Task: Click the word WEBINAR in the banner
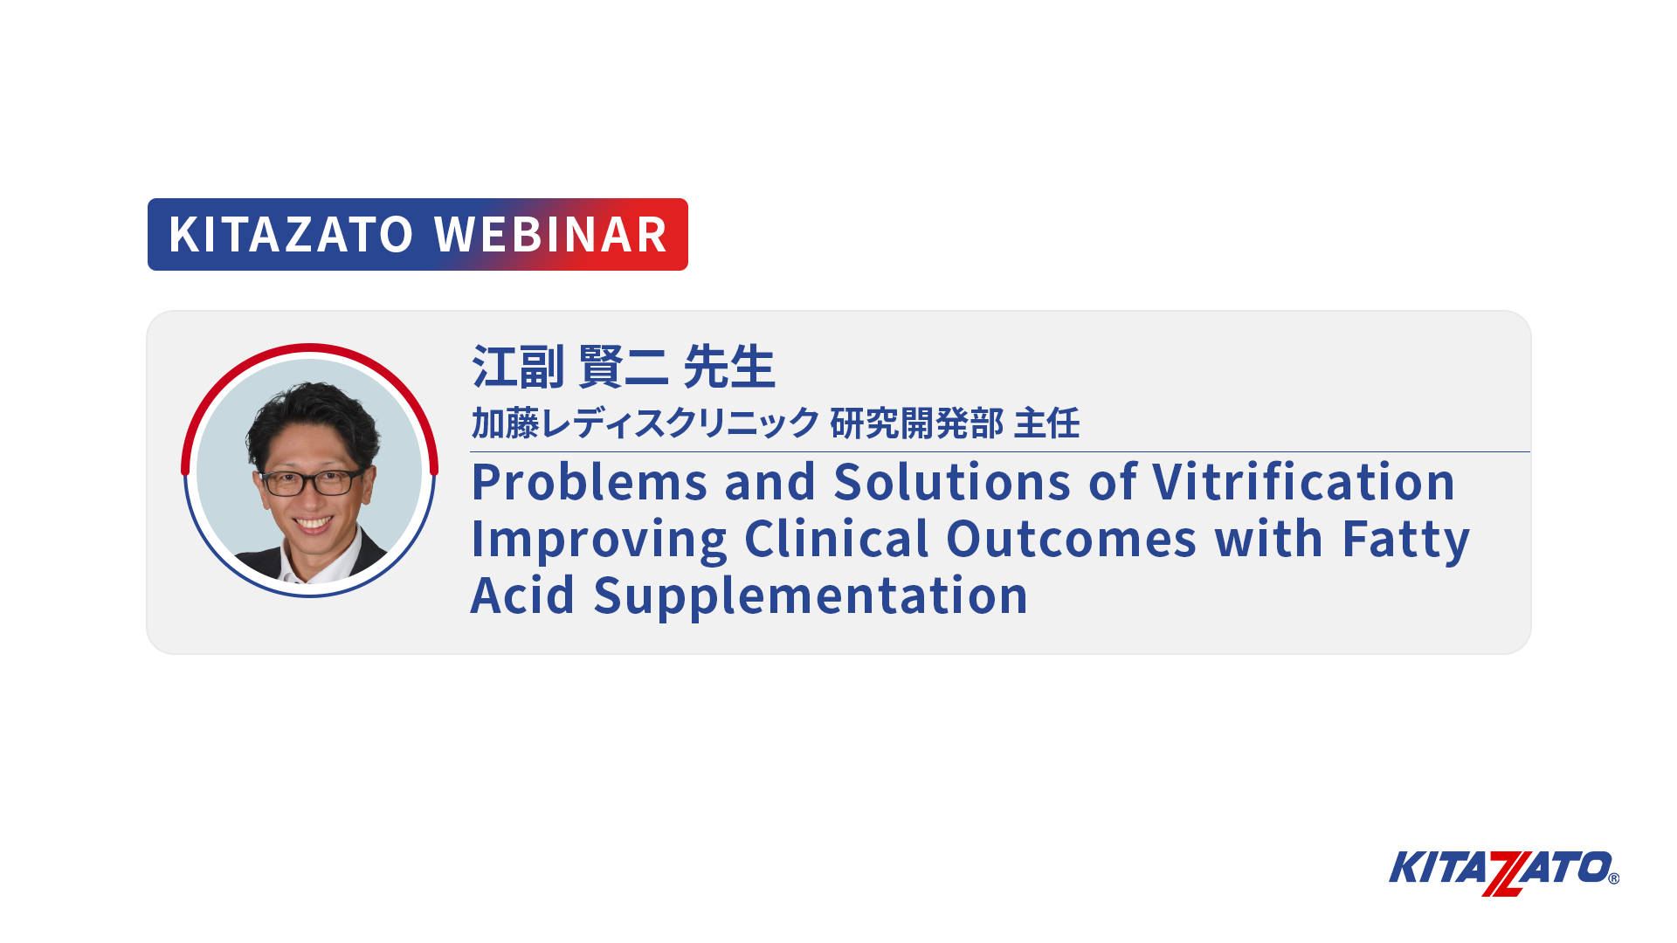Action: (x=551, y=235)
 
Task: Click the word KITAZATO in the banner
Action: (x=291, y=235)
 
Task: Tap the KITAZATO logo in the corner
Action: (x=1503, y=872)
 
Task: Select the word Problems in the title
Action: (x=590, y=482)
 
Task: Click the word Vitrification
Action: (x=1304, y=482)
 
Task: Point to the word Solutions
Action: (x=952, y=482)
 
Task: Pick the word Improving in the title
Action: (x=599, y=540)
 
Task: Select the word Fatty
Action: (x=1406, y=540)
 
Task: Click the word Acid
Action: (x=523, y=595)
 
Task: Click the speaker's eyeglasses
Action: (x=312, y=481)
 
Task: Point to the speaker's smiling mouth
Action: (x=313, y=524)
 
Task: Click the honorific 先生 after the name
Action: (x=729, y=367)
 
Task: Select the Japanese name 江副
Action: (x=518, y=367)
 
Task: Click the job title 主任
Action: (x=1046, y=423)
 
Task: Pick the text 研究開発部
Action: (x=917, y=423)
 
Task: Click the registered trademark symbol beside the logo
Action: (x=1613, y=878)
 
